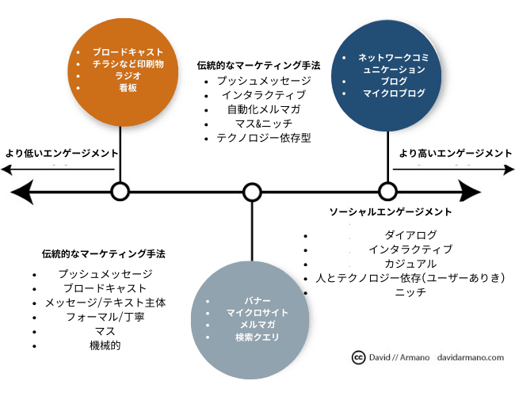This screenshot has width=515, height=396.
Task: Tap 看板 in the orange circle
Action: [x=121, y=88]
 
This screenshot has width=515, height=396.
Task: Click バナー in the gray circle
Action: [x=250, y=302]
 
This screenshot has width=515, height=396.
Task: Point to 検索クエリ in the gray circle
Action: [x=250, y=337]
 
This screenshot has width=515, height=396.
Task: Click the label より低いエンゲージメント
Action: [x=61, y=153]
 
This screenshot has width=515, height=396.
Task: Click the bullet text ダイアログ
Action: [x=410, y=235]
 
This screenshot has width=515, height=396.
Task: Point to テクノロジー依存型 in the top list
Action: [x=263, y=137]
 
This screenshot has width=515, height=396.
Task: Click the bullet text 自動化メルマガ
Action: [x=263, y=109]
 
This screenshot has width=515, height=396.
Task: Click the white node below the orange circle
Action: [x=120, y=192]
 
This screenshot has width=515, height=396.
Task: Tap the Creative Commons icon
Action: [x=358, y=357]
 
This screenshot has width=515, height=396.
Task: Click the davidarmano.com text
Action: [x=471, y=357]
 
